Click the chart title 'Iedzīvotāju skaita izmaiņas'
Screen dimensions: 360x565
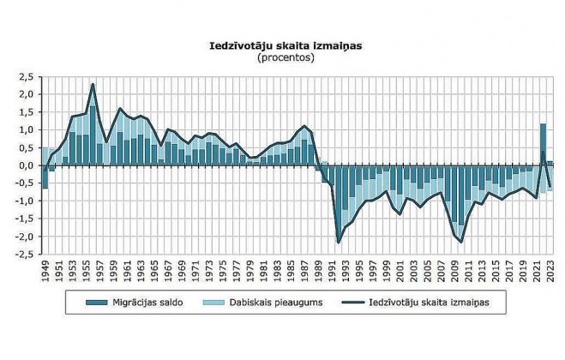(282, 45)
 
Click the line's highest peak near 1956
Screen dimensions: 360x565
(93, 84)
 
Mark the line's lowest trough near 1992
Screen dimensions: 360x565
(339, 243)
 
